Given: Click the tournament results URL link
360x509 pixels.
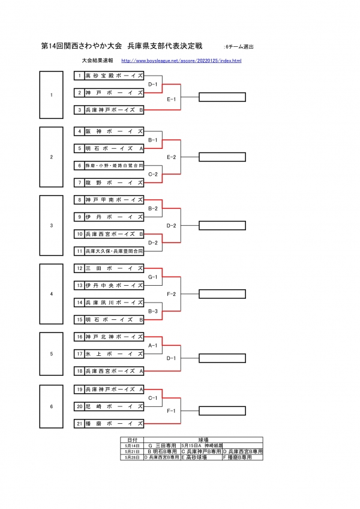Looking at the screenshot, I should coord(181,61).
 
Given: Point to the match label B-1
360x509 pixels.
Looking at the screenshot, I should coord(153,140).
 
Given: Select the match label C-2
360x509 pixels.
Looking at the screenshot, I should coord(153,174).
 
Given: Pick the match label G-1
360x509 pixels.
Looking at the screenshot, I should coord(153,277).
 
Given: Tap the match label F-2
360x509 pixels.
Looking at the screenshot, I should coord(171,294).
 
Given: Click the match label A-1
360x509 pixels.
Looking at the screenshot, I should coord(153,346).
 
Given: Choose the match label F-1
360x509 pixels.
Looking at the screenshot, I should coord(171,411).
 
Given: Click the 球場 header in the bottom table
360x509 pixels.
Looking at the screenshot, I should coord(202,441).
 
